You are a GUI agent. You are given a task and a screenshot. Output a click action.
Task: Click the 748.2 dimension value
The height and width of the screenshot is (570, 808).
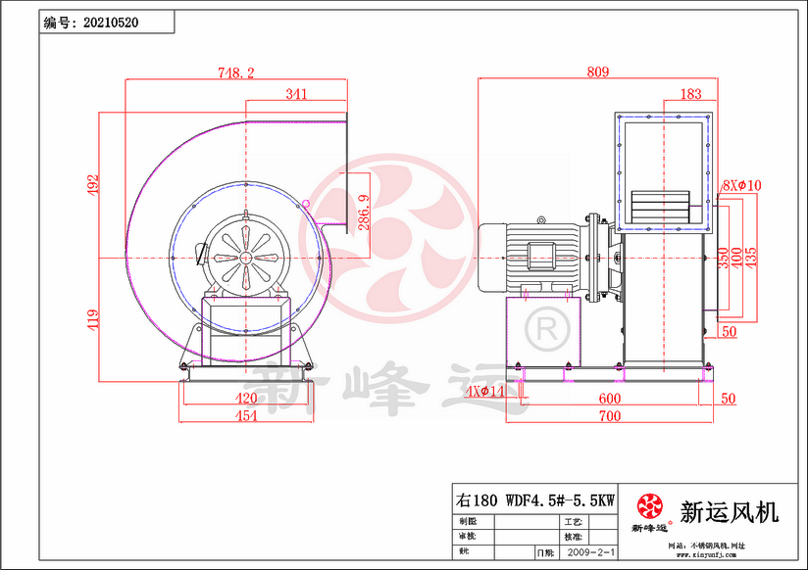point(235,72)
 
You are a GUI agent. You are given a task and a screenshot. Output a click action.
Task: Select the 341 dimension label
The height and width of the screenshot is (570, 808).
point(296,94)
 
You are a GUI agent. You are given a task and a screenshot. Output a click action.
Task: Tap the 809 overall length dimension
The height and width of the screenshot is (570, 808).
point(598,71)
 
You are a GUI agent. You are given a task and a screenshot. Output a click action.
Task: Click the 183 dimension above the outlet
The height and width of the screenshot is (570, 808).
point(689,94)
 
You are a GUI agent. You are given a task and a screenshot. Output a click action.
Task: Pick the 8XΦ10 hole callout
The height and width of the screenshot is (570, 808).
point(741,185)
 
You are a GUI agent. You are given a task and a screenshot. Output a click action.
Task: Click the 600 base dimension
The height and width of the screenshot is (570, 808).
point(610,398)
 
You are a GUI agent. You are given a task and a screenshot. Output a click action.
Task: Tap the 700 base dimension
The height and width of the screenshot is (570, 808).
point(610,416)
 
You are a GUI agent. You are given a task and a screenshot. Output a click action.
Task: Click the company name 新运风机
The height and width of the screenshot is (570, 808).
point(729,511)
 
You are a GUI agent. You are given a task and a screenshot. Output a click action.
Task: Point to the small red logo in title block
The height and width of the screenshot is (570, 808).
point(649,505)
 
